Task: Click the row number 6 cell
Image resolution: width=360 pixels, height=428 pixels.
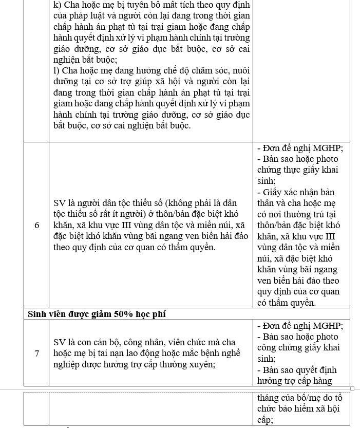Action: point(36,225)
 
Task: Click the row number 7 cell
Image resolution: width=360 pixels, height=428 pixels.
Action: point(36,353)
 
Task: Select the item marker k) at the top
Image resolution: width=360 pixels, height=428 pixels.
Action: point(58,5)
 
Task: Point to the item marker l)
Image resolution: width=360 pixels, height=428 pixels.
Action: point(56,71)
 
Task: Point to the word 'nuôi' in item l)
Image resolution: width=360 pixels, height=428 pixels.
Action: point(240,71)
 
